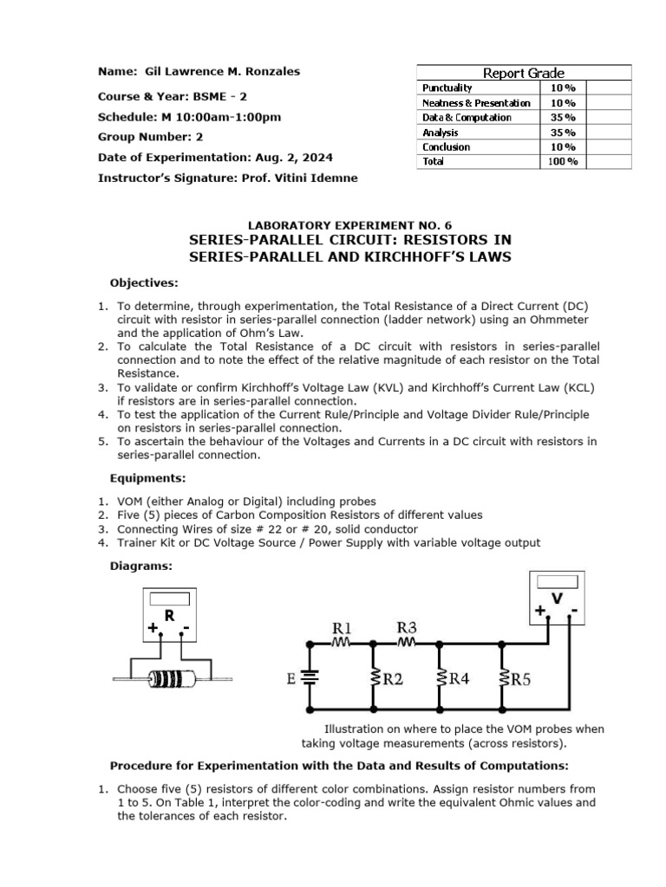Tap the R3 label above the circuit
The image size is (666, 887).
[407, 626]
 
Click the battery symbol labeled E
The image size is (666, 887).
[305, 678]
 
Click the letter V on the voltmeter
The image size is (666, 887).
[557, 599]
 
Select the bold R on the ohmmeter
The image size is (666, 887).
[169, 616]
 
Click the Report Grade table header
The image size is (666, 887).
[524, 74]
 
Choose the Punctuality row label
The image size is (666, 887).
[447, 88]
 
